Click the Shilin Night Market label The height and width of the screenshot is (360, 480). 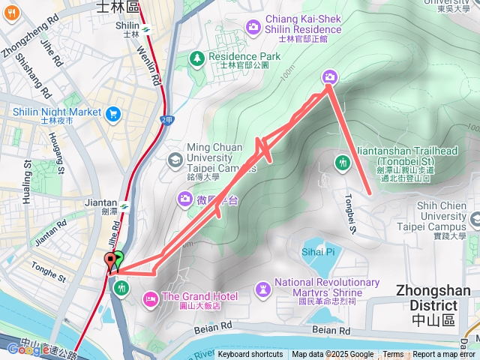[56, 112]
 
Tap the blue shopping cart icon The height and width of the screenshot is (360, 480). [113, 114]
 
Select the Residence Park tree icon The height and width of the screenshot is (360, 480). [197, 57]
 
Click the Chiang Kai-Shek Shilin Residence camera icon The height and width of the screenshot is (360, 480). [253, 28]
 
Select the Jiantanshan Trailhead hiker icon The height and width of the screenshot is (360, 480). [343, 161]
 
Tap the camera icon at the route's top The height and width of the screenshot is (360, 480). [330, 76]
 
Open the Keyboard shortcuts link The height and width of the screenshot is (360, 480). [250, 354]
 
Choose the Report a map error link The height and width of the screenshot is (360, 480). [444, 354]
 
